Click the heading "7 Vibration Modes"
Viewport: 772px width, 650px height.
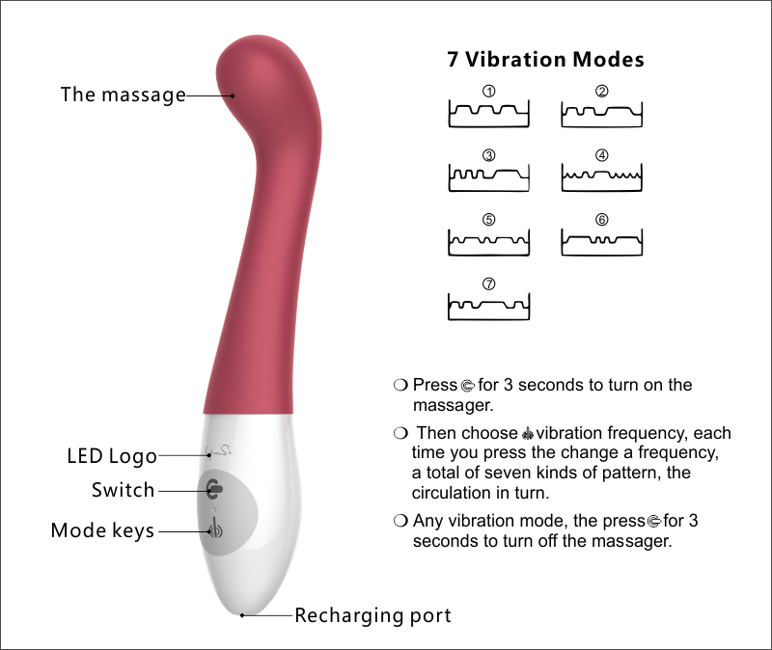coord(545,60)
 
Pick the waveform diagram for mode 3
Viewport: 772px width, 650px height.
coord(489,177)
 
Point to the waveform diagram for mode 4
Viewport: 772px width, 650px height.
coord(601,177)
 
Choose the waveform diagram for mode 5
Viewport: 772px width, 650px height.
coord(489,241)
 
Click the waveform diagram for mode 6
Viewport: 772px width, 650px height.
coord(601,241)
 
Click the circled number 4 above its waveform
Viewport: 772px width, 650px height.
coord(601,155)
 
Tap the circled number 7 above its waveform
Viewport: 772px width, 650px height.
coord(489,284)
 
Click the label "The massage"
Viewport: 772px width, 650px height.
coord(123,95)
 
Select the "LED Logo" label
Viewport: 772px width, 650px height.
coord(111,455)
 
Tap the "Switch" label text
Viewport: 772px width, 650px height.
coord(123,490)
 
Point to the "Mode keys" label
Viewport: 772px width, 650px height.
coord(102,530)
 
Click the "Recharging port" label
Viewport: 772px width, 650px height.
coord(372,615)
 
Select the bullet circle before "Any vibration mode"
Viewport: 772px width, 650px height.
coord(400,521)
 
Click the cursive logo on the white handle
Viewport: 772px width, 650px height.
coord(220,449)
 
